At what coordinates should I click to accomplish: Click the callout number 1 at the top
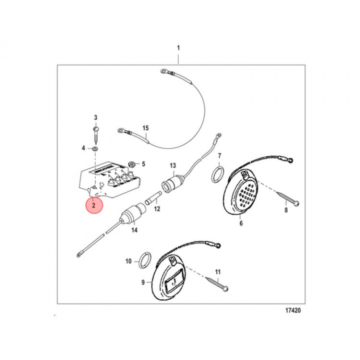(178, 48)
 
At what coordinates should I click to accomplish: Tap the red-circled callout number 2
(93, 205)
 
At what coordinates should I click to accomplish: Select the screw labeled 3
(95, 135)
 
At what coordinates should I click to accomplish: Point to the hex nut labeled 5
(132, 164)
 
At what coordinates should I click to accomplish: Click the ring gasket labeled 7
(217, 174)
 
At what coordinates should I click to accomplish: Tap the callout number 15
(145, 128)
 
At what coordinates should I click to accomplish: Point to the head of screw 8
(296, 203)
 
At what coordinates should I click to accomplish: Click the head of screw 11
(225, 288)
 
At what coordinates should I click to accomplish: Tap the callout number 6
(241, 223)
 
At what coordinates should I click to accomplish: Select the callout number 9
(143, 282)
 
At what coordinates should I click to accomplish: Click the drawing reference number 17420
(293, 310)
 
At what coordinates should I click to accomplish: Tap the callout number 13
(173, 165)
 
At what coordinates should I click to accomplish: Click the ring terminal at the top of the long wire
(164, 71)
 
